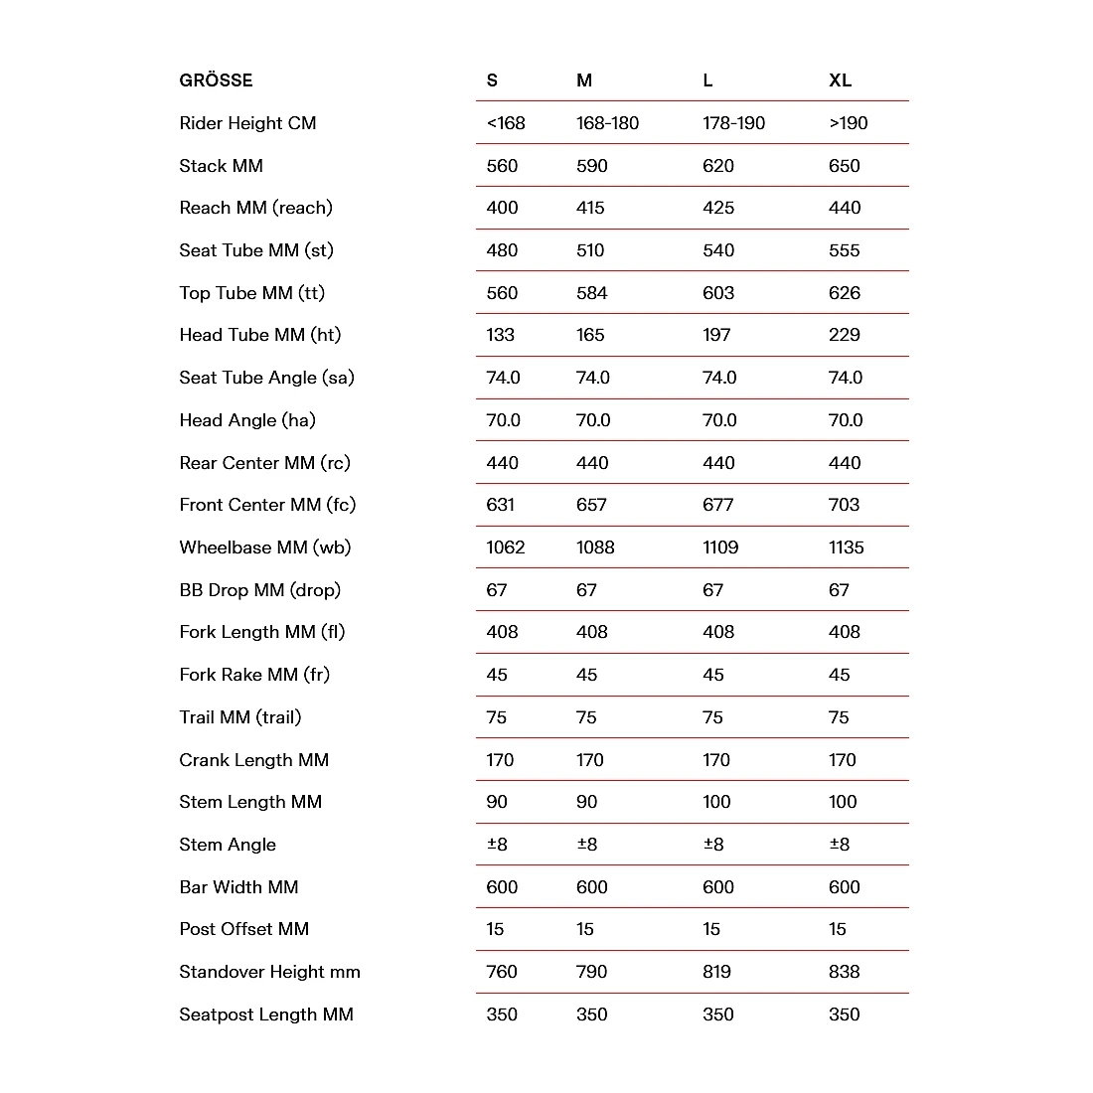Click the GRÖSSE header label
[x=216, y=80]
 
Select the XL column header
[x=840, y=80]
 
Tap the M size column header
[x=584, y=80]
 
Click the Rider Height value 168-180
[x=607, y=123]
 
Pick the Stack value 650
[x=844, y=166]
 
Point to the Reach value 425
[x=717, y=208]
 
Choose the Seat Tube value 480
[x=502, y=250]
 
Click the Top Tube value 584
[x=591, y=293]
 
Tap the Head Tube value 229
[x=844, y=335]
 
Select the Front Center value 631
[x=500, y=505]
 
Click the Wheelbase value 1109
[x=719, y=547]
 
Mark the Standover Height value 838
[x=844, y=972]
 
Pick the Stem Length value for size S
[x=496, y=802]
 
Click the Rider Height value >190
[x=848, y=123]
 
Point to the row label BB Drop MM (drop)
[x=259, y=590]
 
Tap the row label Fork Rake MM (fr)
[x=254, y=675]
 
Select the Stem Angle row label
[x=228, y=845]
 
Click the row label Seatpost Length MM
[x=266, y=1015]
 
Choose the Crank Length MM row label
[x=253, y=760]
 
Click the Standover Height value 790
[x=591, y=972]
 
